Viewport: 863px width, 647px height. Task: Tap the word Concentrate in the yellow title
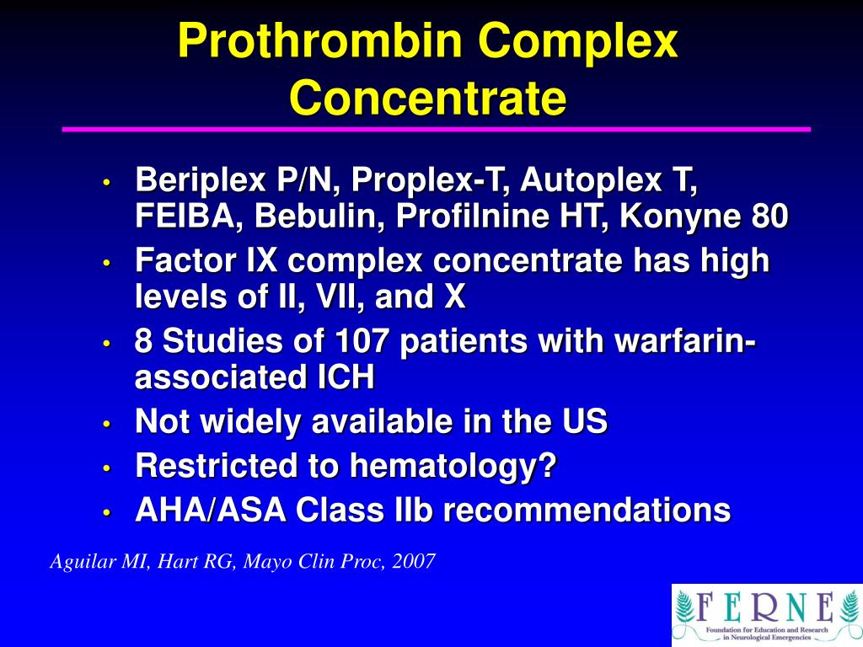tap(427, 98)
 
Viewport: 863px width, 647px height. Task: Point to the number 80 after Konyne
tap(768, 217)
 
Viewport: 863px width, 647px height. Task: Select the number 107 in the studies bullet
tap(363, 343)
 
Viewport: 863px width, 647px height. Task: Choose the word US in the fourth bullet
tap(586, 421)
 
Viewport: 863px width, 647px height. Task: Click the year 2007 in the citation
tap(414, 561)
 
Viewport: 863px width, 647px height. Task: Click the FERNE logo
tap(765, 614)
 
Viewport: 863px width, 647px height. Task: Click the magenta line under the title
tap(437, 130)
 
